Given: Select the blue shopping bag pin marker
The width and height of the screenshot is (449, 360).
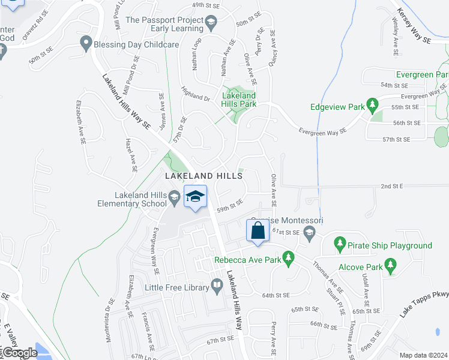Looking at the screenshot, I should (258, 231).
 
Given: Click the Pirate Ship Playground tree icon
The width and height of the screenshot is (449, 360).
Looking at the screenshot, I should (340, 244).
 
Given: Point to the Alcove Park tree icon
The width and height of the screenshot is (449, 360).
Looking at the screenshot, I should (391, 264).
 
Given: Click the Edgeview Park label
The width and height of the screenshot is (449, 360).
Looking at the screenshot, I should (338, 108).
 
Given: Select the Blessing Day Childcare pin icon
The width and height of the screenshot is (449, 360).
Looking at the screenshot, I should (85, 43).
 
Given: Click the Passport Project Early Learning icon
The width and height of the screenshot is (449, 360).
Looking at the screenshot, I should (211, 24).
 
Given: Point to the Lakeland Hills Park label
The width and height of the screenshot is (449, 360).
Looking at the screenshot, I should (240, 100).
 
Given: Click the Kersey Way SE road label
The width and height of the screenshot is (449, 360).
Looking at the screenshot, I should (414, 26).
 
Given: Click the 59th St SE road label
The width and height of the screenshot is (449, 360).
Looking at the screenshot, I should (230, 206).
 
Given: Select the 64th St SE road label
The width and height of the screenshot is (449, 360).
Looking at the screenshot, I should (276, 295).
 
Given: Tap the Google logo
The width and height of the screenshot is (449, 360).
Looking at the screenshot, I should (19, 353).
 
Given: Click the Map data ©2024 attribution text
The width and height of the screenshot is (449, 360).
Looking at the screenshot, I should (423, 355).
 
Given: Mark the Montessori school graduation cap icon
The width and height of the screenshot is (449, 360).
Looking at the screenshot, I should (309, 232).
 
